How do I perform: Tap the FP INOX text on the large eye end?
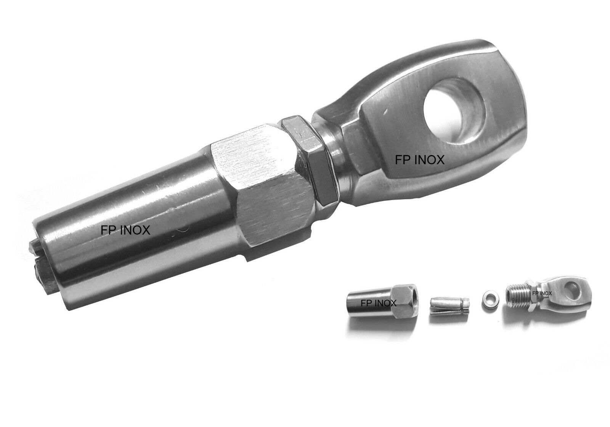420,160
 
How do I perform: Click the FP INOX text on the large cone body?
125,230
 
